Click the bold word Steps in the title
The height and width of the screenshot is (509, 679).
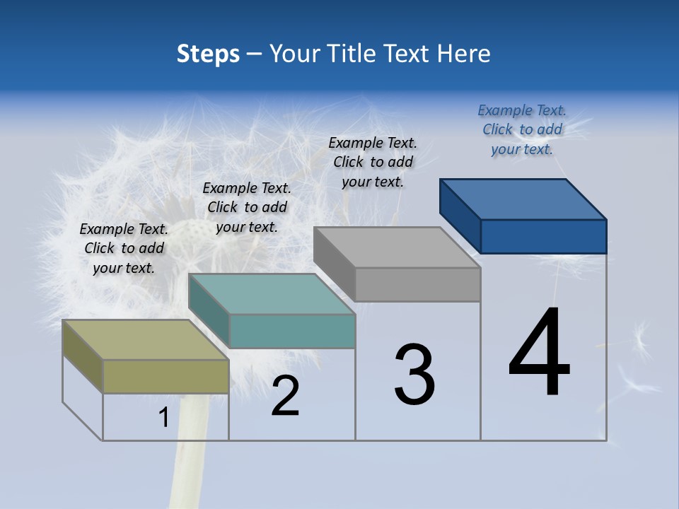[x=208, y=54]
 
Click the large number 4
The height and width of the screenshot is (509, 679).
[x=540, y=353]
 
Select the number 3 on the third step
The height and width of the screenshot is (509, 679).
[x=414, y=375]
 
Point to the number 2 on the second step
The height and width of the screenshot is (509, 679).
[x=286, y=396]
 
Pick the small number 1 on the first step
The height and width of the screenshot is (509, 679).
[x=164, y=418]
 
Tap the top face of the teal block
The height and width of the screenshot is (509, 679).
[x=271, y=293]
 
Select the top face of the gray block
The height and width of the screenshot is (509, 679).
[x=397, y=247]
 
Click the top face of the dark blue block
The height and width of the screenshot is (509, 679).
[x=523, y=199]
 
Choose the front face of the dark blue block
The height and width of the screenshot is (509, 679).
[x=543, y=236]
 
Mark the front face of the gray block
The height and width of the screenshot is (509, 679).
[x=417, y=284]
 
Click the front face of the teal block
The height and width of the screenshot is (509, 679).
[x=291, y=331]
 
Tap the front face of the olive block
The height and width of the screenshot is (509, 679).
[x=166, y=376]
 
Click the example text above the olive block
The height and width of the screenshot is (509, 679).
[x=124, y=248]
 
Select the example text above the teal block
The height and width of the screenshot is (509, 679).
[x=247, y=207]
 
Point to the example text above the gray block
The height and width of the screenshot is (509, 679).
[x=373, y=162]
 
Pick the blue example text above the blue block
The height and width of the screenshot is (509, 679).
[x=522, y=129]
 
